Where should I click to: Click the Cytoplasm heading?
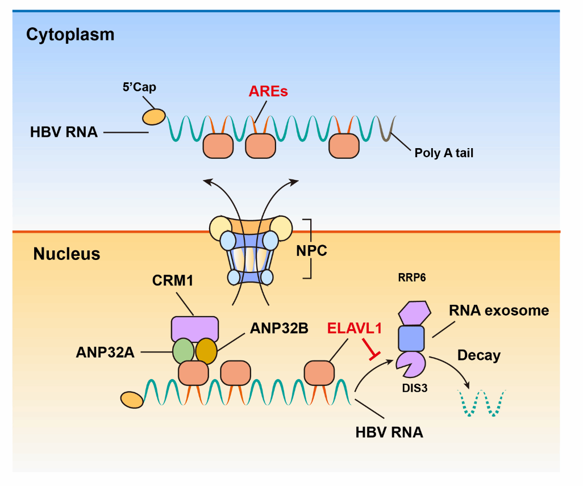point(70,35)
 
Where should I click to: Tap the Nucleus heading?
point(66,253)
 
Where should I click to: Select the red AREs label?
point(268,91)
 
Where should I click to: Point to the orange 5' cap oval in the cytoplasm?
point(153,116)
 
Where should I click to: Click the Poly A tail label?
point(444,152)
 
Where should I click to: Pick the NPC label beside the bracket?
point(312,250)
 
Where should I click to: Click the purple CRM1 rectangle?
point(195,328)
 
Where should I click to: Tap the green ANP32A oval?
point(183,351)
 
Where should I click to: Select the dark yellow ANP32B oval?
point(206,351)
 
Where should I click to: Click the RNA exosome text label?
point(499,310)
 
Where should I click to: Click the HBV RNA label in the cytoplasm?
point(64,132)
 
